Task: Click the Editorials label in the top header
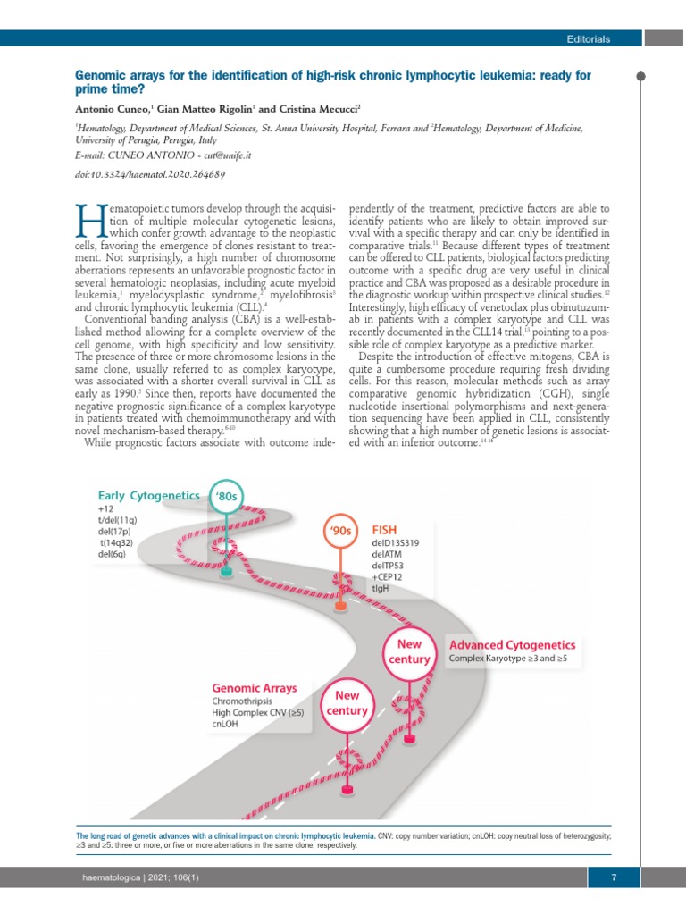(588, 39)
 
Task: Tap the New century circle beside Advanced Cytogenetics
(408, 651)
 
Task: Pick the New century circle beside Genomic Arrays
(347, 703)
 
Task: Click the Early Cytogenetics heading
(148, 495)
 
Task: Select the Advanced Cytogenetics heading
(512, 644)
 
